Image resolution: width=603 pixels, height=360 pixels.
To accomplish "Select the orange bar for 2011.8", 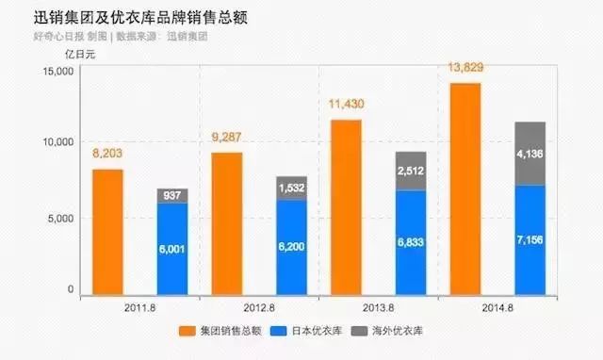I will (x=107, y=231).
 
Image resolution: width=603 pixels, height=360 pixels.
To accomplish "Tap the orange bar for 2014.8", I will (x=465, y=188).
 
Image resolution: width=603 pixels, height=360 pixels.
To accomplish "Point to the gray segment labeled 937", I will (x=172, y=195).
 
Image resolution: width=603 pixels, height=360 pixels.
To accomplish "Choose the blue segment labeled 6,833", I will (x=411, y=242).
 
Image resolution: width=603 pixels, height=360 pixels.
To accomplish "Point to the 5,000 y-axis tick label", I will (x=60, y=218).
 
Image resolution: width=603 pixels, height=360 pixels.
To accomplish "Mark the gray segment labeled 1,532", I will (x=292, y=188).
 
